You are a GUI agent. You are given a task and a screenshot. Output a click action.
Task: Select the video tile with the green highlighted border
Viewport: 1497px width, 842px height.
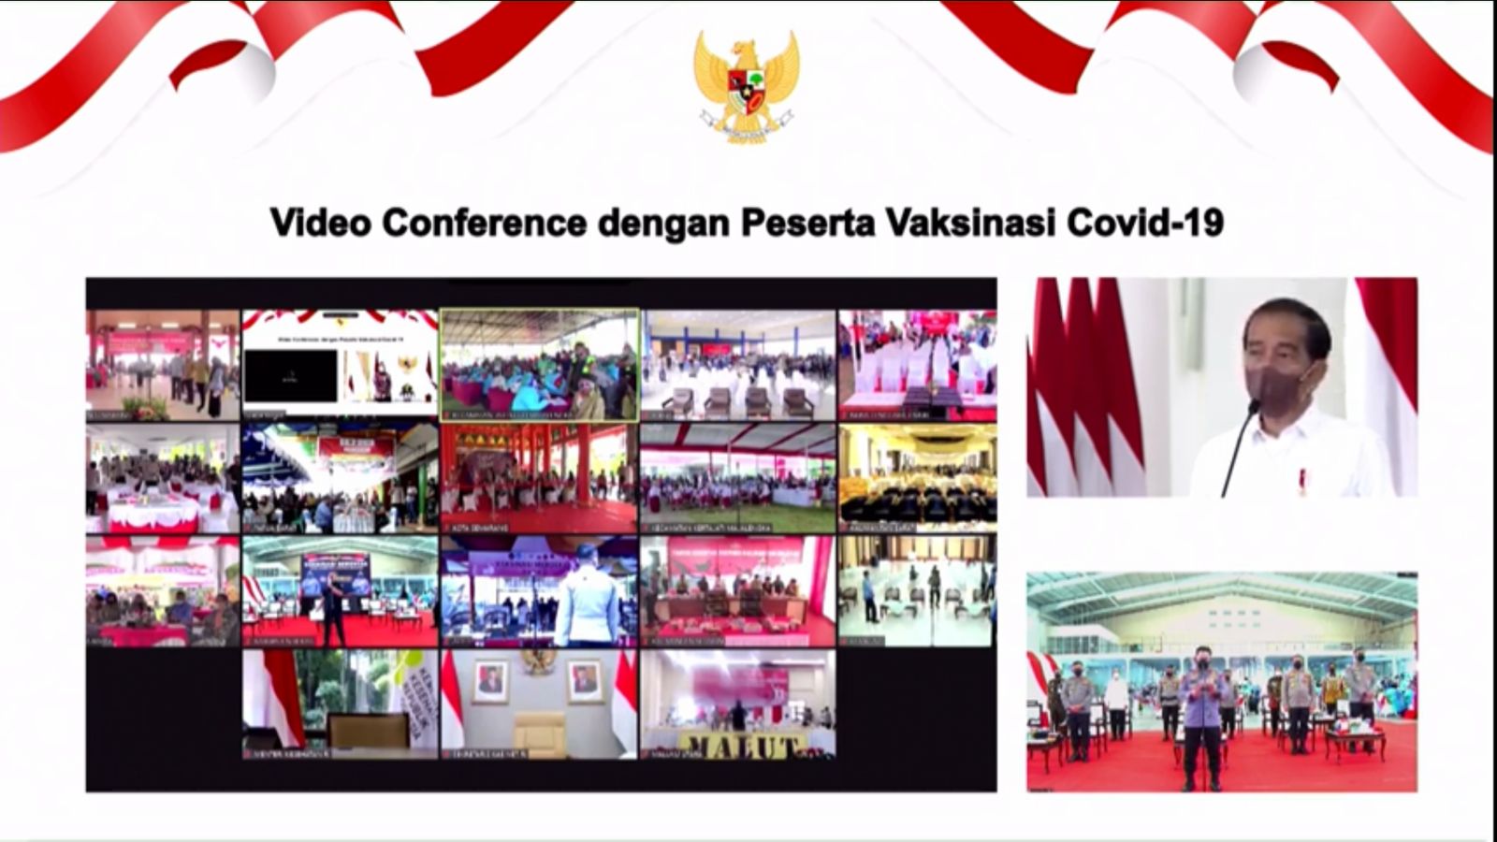(539, 365)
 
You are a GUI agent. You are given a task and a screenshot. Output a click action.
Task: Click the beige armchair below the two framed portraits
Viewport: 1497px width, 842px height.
(539, 732)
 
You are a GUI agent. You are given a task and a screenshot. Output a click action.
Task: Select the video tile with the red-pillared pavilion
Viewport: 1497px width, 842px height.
(539, 478)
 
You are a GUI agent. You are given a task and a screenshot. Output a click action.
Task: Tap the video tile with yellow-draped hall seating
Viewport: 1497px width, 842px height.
(917, 478)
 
